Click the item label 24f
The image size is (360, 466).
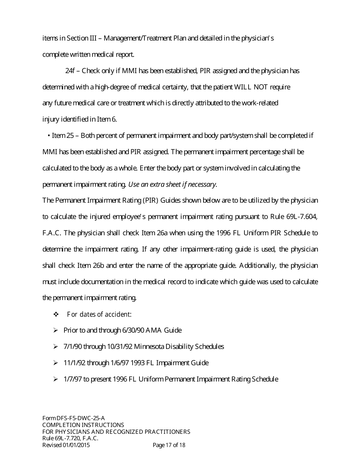pos(70,71)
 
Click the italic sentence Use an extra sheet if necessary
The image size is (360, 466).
pos(172,185)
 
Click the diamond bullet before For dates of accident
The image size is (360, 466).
pos(56,314)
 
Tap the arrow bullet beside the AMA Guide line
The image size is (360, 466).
pos(56,330)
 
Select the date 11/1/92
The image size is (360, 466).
pos(74,363)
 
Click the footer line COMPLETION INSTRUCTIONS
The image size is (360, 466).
pos(83,425)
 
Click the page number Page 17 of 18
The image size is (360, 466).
pos(169,445)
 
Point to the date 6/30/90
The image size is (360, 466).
pos(134,330)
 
